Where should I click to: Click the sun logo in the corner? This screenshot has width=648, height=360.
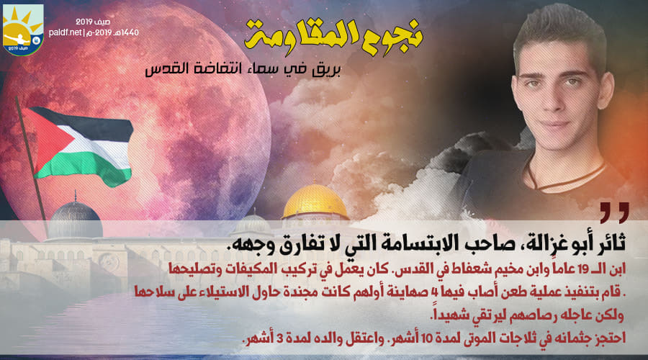point(23,30)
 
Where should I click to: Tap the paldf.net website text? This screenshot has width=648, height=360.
point(66,32)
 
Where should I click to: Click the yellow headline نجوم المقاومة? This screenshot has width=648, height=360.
point(333,37)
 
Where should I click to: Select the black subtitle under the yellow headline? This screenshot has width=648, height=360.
point(243,68)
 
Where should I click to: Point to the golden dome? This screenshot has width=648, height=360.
point(315,202)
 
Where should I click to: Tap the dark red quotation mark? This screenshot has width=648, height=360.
point(615,212)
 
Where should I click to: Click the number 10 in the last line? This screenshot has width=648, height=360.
point(426,338)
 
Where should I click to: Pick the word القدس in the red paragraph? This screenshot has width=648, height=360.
point(411,269)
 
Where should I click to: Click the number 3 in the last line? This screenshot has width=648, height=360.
point(279,338)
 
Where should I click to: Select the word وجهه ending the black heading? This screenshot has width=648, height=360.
point(246,243)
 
